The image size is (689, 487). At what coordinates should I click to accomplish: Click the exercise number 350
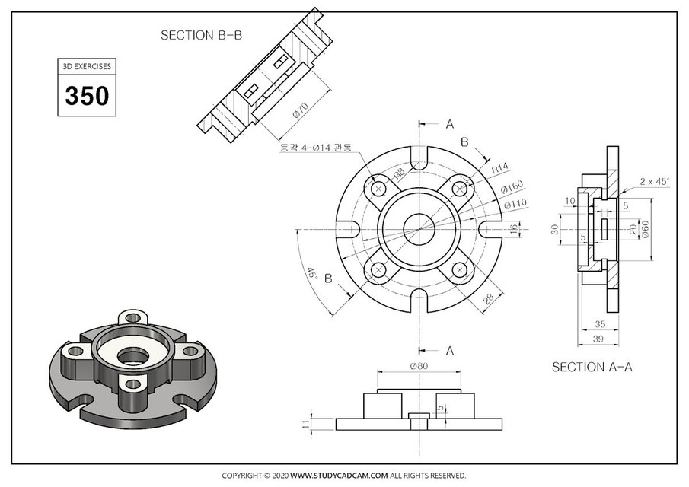tap(87, 97)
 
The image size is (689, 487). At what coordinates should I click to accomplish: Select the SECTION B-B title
tap(202, 35)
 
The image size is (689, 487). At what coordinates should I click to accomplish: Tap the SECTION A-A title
tap(592, 367)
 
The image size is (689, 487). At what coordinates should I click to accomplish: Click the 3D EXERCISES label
tap(87, 66)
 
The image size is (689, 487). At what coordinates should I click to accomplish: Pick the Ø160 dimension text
tap(515, 186)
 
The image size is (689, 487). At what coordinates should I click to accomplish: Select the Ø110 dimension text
tap(516, 203)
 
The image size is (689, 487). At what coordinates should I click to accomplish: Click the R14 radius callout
tap(500, 167)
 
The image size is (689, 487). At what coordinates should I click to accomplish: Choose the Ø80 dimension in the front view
tap(419, 366)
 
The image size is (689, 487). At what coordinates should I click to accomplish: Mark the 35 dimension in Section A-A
tap(599, 323)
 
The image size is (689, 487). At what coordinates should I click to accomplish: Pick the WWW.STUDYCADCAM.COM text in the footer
tap(339, 475)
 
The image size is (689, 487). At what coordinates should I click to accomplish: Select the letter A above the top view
tap(449, 123)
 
